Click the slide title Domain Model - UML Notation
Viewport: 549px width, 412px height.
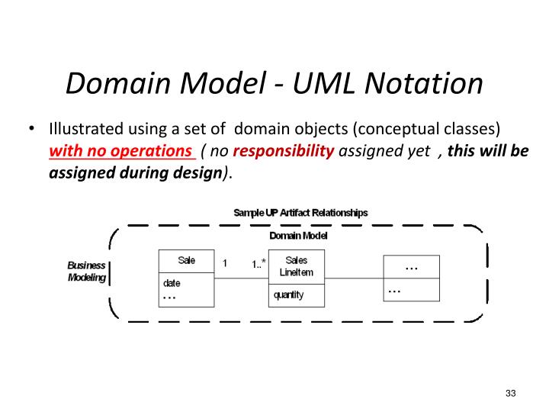[274, 82]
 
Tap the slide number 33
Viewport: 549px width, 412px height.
[510, 393]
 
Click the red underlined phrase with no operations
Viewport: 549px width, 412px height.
[121, 150]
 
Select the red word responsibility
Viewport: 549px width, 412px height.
[283, 150]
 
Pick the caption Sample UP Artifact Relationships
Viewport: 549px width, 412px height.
[300, 213]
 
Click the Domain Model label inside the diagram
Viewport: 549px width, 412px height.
[299, 236]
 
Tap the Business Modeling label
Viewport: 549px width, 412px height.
[87, 272]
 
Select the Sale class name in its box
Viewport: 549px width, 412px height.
[186, 260]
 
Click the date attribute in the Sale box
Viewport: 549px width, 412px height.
[172, 282]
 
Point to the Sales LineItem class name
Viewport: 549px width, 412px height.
[297, 266]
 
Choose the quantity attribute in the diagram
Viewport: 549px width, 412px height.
[288, 295]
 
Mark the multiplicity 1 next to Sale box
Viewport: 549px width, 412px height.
[225, 263]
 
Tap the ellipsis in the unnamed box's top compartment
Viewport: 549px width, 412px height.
[411, 267]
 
